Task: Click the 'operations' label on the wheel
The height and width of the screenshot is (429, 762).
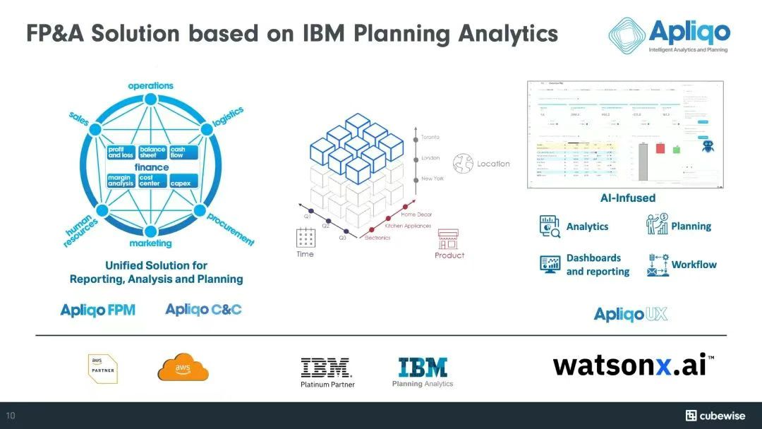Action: [150, 86]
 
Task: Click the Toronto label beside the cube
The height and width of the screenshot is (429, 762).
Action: [430, 137]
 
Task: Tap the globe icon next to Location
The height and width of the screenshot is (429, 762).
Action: [464, 163]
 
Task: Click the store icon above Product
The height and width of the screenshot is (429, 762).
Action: [449, 238]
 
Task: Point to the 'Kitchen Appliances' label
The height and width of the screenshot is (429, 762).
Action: [408, 226]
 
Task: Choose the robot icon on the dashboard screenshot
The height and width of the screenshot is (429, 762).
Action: [709, 147]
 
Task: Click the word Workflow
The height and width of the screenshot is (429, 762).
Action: [694, 265]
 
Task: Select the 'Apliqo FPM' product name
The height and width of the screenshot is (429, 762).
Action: [98, 309]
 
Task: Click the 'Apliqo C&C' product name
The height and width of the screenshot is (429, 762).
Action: [203, 309]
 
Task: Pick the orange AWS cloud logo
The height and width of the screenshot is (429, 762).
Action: [183, 368]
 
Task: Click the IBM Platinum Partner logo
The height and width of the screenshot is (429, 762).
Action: [327, 372]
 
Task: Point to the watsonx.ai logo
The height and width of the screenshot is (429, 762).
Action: [633, 365]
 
